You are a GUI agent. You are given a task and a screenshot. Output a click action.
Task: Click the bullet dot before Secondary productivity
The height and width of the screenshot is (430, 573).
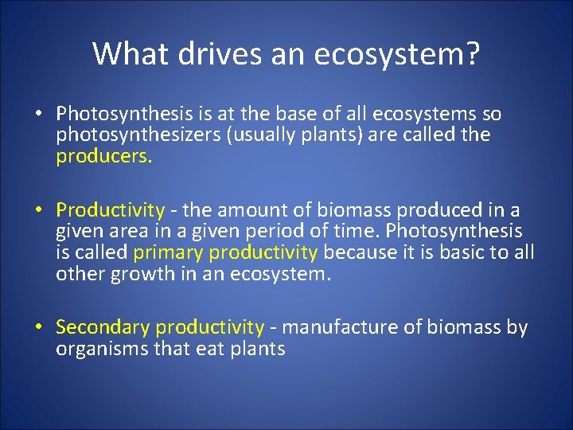click(38, 327)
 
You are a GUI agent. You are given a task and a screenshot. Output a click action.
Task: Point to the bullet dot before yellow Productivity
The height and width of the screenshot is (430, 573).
click(38, 210)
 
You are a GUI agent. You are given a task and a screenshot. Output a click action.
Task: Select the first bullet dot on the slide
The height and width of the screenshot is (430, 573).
click(38, 114)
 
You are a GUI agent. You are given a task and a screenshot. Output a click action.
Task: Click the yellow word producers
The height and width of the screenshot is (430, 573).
click(103, 156)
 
